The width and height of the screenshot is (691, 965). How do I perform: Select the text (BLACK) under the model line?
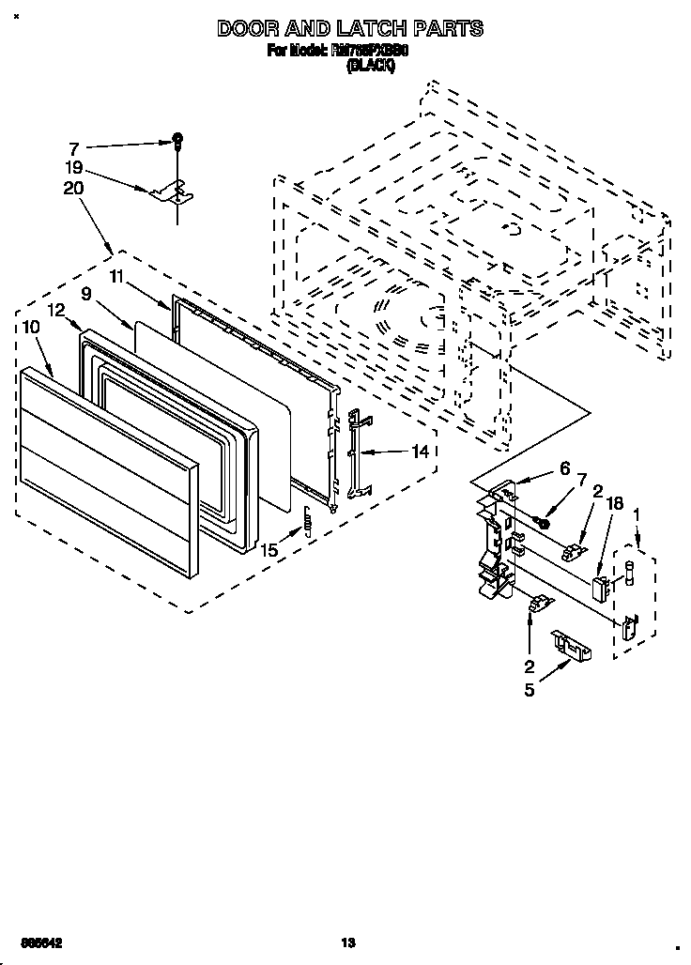(370, 66)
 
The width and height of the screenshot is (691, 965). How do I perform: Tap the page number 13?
(346, 942)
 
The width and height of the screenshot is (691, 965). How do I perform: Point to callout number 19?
(74, 169)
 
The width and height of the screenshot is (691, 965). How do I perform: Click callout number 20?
(74, 188)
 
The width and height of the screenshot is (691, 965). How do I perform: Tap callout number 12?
(55, 310)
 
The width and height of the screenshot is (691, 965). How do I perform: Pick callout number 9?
(85, 294)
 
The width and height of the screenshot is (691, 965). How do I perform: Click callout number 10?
(29, 327)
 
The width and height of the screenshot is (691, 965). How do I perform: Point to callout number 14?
(421, 452)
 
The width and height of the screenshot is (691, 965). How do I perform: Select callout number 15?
(269, 551)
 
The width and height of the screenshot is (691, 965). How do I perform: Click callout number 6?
(564, 467)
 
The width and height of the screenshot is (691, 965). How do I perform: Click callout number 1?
(637, 514)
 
